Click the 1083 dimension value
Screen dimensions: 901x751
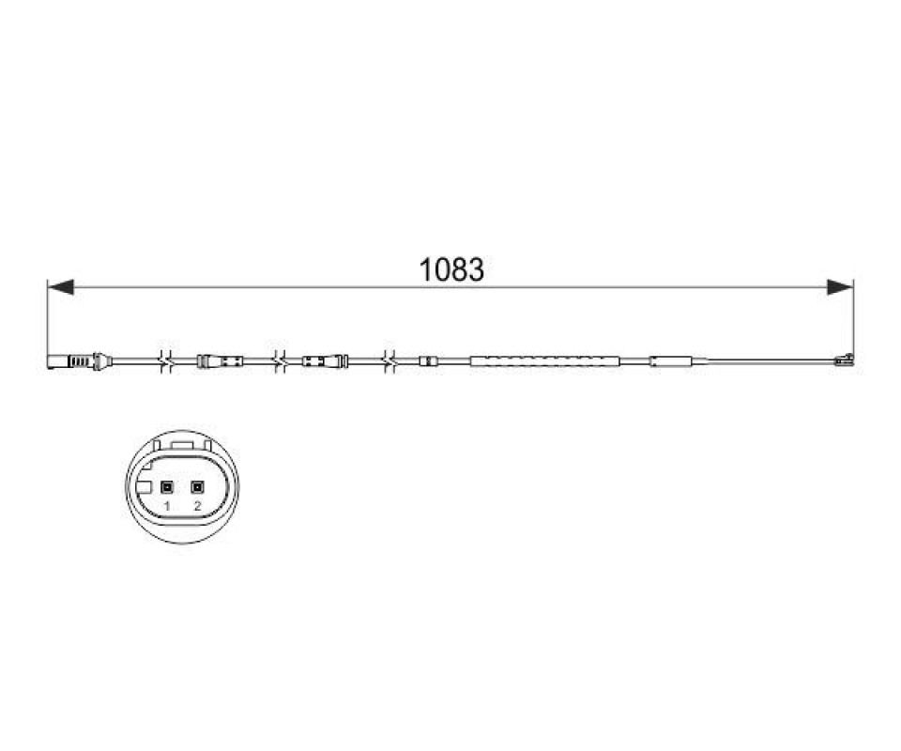pos(451,269)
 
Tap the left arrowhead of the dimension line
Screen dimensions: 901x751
pos(60,286)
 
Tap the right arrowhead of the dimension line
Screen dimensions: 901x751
pos(840,286)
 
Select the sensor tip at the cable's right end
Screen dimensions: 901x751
pos(844,360)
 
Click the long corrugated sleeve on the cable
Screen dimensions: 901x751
pos(545,361)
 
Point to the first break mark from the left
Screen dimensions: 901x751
pos(167,361)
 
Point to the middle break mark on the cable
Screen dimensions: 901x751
pos(280,361)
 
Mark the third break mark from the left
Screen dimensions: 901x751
pos(390,361)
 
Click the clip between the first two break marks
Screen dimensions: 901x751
pos(220,361)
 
